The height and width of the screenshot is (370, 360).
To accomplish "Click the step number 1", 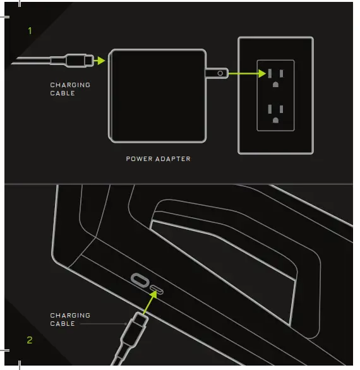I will click(x=29, y=30).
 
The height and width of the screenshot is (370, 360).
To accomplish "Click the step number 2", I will click(x=29, y=340).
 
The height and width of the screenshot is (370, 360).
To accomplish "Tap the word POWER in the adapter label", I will click(x=139, y=159).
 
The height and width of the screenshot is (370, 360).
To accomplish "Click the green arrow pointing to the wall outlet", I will click(x=246, y=73).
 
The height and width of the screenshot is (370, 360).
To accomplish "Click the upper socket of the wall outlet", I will click(x=275, y=75).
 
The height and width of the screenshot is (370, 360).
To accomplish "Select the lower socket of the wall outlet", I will click(x=275, y=112).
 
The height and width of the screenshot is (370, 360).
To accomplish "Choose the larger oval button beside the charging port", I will click(x=140, y=280).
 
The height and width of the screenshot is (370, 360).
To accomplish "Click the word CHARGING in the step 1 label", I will click(x=70, y=85).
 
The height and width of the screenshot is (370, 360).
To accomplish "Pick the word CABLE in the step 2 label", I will click(x=63, y=324).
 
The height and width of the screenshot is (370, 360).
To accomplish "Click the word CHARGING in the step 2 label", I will click(x=70, y=315).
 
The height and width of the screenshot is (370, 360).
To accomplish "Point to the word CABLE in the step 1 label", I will click(x=63, y=93).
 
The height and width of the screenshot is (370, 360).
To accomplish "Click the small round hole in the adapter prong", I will click(x=219, y=73).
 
